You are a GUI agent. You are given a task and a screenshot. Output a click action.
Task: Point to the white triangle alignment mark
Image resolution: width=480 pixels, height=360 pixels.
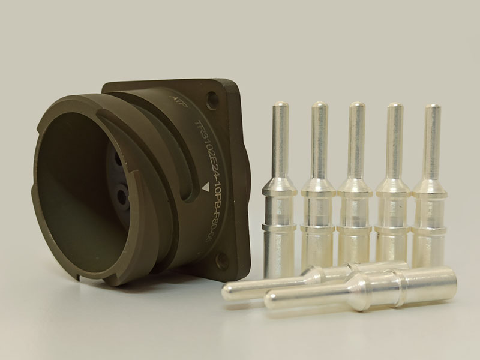(206, 188)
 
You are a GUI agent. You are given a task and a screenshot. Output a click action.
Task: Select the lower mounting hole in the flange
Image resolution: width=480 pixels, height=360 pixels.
(223, 259)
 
